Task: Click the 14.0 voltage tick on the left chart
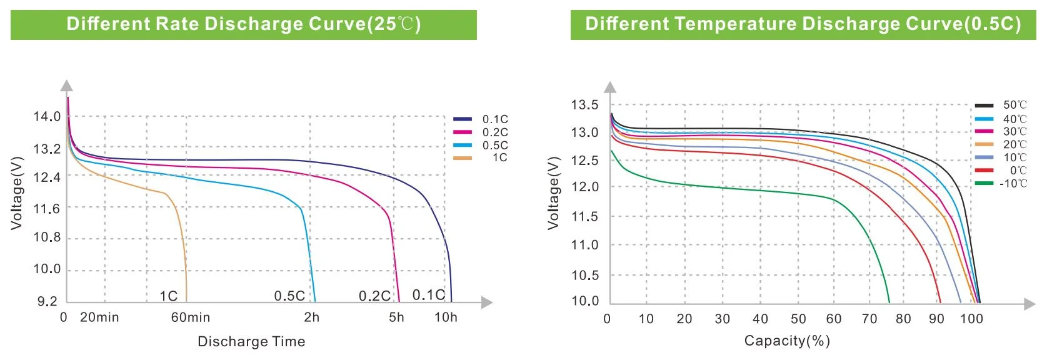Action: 47,117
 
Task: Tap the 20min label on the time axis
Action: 99,317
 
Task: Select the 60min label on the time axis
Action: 191,317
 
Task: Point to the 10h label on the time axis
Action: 446,317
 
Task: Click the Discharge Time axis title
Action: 251,341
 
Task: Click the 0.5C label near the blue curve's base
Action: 289,296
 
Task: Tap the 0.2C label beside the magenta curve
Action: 374,296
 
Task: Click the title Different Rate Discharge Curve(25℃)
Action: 244,24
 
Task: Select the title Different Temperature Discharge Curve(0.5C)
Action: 803,24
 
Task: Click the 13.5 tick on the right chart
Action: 584,105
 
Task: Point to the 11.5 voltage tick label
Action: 584,217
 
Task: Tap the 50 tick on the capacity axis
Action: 798,319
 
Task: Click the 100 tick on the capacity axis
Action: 971,319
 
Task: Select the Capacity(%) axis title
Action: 787,341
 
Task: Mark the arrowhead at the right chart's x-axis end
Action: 1030,304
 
